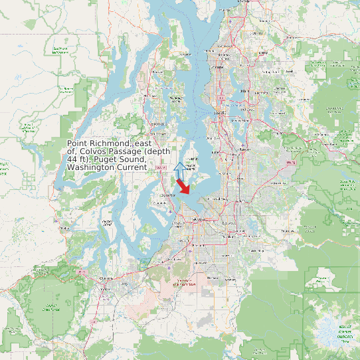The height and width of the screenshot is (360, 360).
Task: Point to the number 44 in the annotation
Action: tap(72, 159)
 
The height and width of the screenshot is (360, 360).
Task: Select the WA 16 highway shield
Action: tap(160, 167)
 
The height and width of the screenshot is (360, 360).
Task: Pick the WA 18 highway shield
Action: tap(289, 162)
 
